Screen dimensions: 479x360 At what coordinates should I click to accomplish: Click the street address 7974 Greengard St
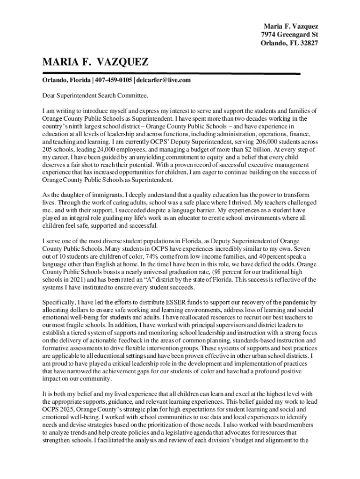coord(289,35)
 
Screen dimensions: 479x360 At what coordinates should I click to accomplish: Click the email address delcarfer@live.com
coord(164,80)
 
